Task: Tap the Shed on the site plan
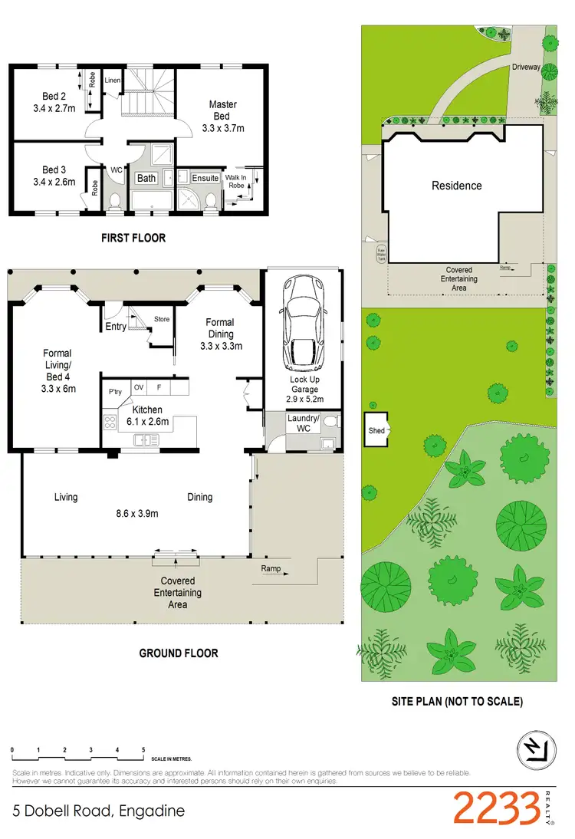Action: coord(376,431)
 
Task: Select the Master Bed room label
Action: coord(222,116)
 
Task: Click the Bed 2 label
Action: coord(54,103)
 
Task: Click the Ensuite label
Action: coord(205,178)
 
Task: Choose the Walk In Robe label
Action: coord(236,181)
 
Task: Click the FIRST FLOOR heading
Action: coord(133,238)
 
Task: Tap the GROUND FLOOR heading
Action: coord(178,653)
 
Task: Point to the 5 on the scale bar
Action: coord(143,749)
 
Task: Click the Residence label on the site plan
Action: coord(456,186)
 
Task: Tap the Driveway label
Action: coord(526,67)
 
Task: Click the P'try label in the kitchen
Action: coord(115,392)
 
